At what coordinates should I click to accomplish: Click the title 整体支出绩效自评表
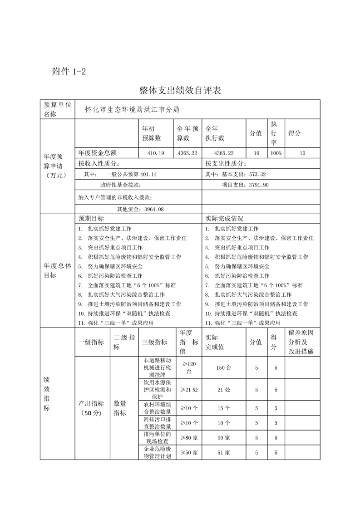tap(180, 90)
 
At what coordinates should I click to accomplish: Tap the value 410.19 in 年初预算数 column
tap(155, 153)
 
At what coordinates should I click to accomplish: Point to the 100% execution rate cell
tap(276, 153)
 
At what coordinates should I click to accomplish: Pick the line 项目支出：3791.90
tap(245, 185)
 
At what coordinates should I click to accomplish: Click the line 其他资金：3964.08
tap(140, 209)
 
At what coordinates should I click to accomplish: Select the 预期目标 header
tap(91, 218)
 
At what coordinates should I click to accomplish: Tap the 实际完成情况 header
tap(224, 218)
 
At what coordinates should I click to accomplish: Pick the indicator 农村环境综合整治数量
tap(157, 408)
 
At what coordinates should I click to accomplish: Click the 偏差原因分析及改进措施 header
tap(301, 342)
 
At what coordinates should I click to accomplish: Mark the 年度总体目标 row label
tap(57, 270)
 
